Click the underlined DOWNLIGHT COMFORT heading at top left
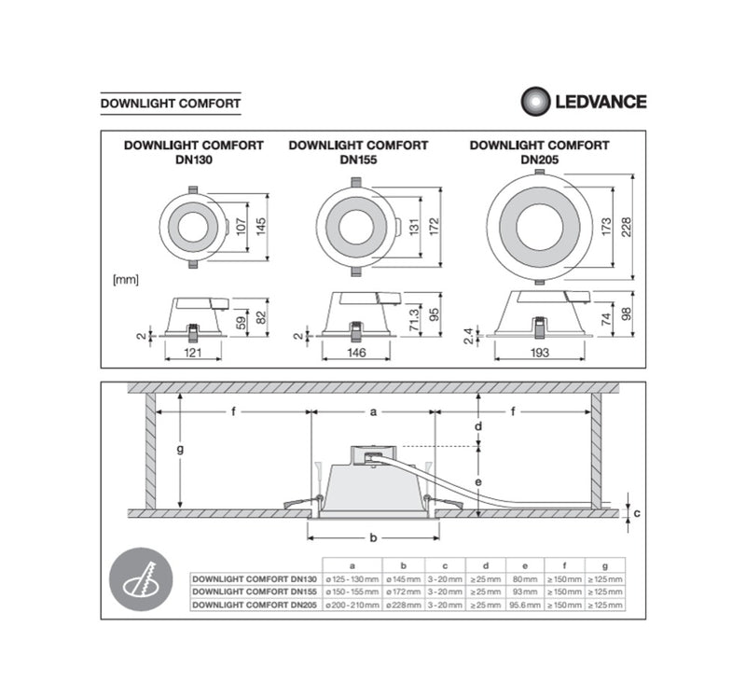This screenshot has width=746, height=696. (170, 103)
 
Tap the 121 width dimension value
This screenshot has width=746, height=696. (193, 355)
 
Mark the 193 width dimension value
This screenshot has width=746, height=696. (539, 355)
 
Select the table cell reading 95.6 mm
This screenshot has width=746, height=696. (525, 605)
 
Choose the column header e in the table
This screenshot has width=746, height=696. (525, 565)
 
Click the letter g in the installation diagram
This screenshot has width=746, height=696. (180, 449)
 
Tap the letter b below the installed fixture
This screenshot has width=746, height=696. (373, 537)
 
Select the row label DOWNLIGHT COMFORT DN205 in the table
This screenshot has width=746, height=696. (254, 605)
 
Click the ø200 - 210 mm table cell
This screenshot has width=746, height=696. (352, 605)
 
